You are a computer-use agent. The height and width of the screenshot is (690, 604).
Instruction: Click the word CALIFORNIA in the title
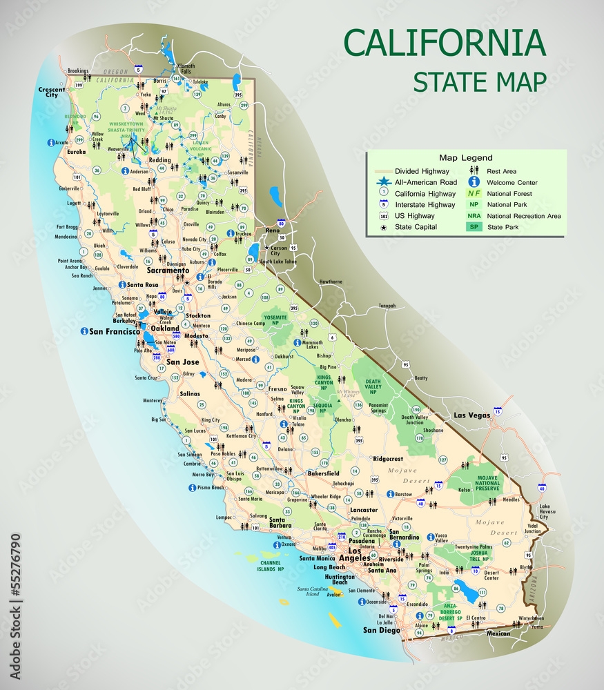coord(445,43)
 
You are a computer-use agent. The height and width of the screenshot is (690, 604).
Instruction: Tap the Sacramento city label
coord(167,271)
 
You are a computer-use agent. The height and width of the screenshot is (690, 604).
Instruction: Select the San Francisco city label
coord(115,332)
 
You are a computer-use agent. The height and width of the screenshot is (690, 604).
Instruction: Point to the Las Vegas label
coord(471,415)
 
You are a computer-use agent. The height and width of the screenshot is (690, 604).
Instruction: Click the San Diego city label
coord(382,630)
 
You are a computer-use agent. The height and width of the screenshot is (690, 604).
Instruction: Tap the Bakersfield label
coord(323,474)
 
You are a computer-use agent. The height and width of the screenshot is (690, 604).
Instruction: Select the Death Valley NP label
coord(373,386)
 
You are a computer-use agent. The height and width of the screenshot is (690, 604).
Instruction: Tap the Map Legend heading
coord(466,158)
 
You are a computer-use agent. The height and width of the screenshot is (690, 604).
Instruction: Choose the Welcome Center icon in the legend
coord(474,182)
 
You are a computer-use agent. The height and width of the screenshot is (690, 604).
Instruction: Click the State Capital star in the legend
coord(383,227)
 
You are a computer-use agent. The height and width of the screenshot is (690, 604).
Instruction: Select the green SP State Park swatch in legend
coord(474,227)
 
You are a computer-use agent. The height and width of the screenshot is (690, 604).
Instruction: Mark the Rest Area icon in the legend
coord(474,171)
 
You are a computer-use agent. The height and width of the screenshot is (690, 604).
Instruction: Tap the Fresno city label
coord(277,389)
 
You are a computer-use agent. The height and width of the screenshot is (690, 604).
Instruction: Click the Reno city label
coord(273,230)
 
